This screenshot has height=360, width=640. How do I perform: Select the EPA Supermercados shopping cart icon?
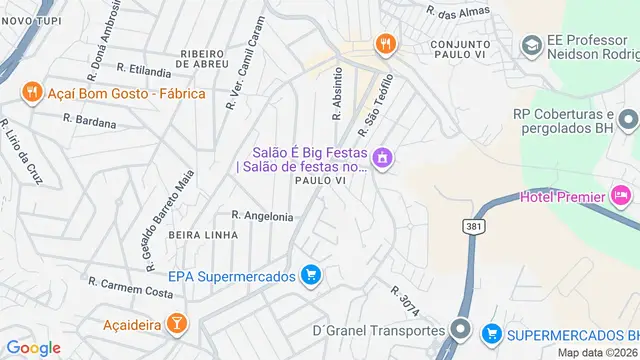pyautogui.click(x=311, y=275)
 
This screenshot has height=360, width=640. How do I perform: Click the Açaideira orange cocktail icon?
pyautogui.click(x=176, y=324)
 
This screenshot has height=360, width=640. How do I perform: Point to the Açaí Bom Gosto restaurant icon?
pyautogui.click(x=32, y=93)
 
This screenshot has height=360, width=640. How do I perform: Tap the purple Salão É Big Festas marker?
pyautogui.click(x=381, y=158)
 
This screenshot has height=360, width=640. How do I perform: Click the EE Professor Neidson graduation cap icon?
pyautogui.click(x=530, y=45)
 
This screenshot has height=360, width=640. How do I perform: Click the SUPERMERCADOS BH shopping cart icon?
pyautogui.click(x=491, y=332)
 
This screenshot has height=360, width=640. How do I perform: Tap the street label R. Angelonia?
pyautogui.click(x=262, y=216)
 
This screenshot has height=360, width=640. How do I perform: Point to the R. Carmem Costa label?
pyautogui.click(x=130, y=289)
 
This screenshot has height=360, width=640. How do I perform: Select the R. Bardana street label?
pyautogui.click(x=90, y=119)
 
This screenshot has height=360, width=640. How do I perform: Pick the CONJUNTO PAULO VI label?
pyautogui.click(x=468, y=52)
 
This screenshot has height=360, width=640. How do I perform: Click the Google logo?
pyautogui.click(x=33, y=347)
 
